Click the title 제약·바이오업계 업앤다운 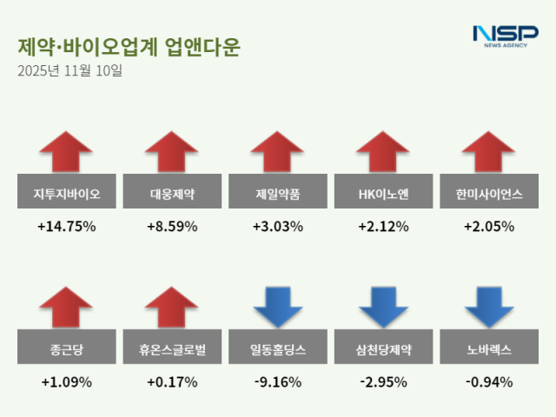[128, 47]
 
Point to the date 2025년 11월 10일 [69, 71]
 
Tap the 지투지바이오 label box [66, 195]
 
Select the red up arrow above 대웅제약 [172, 152]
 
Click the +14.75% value [66, 227]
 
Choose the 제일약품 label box [278, 195]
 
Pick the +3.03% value [278, 227]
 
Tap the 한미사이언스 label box [489, 195]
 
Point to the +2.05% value [489, 227]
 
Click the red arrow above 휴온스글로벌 [172, 308]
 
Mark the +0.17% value [172, 382]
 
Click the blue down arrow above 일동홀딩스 [278, 308]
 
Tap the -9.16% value [278, 382]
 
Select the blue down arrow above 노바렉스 [489, 308]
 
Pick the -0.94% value [489, 382]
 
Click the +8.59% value [172, 227]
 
